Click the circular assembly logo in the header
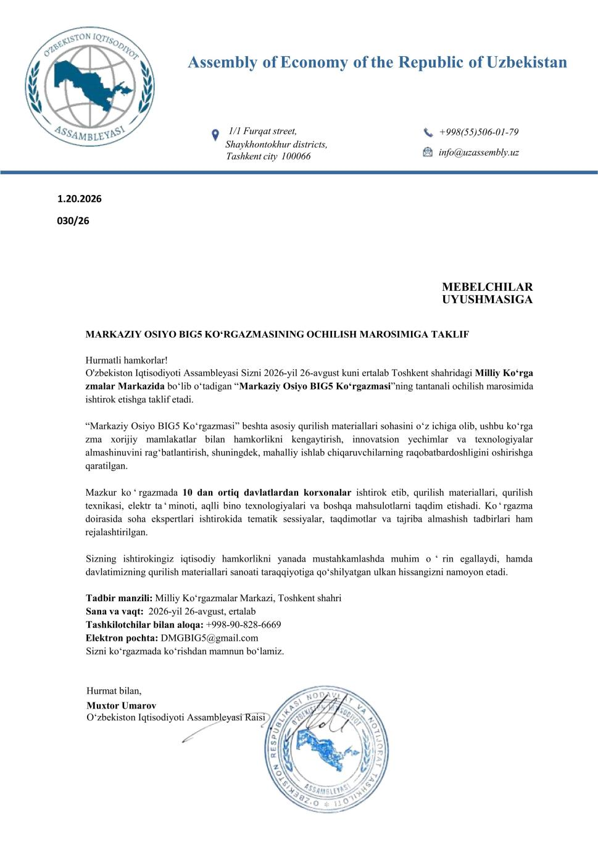point(89,86)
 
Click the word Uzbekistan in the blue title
point(526,62)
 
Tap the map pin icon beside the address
point(215,135)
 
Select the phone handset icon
point(428,132)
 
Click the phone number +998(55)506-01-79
point(478,132)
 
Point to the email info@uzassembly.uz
point(478,152)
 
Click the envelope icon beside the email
point(428,152)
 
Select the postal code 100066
point(296,156)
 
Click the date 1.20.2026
point(80,199)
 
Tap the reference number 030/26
point(73,220)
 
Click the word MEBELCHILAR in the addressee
point(487,287)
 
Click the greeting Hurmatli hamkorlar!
point(127,360)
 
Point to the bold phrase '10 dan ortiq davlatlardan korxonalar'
point(267,493)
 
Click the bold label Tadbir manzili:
point(119,598)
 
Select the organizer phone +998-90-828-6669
point(243,625)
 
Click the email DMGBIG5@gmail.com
point(209,638)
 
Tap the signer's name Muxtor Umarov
point(121,706)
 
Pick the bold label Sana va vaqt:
point(115,611)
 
